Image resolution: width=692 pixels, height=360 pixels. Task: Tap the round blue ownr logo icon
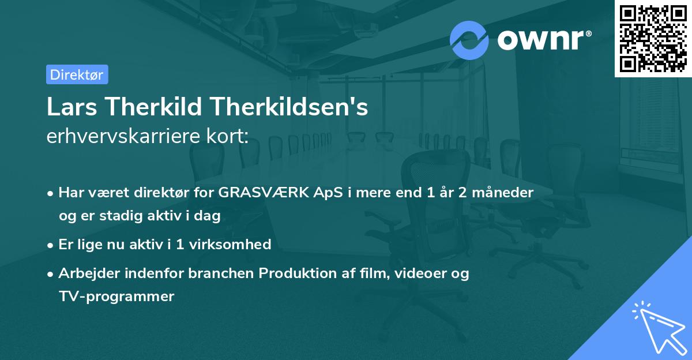[x=469, y=40]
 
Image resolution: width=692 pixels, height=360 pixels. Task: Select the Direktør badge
[x=77, y=74]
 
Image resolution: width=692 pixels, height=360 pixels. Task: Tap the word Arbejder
[x=86, y=273]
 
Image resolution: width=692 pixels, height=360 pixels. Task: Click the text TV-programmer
[x=116, y=297]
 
